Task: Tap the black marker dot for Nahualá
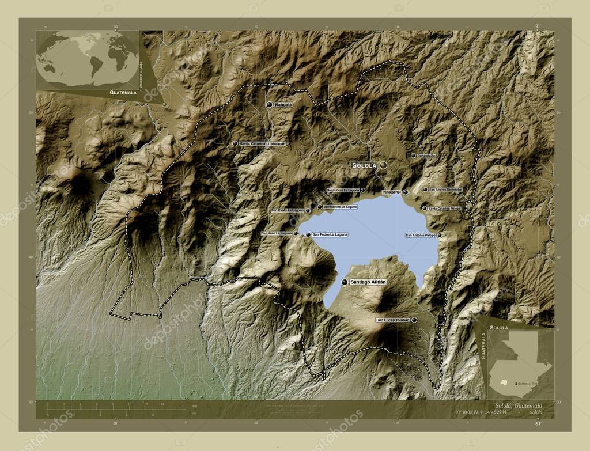pyautogui.click(x=269, y=104)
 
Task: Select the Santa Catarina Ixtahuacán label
pyautogui.click(x=263, y=143)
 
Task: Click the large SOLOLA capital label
pyautogui.click(x=364, y=165)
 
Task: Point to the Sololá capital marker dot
pyautogui.click(x=383, y=165)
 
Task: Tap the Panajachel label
pyautogui.click(x=392, y=192)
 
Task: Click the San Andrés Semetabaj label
pyautogui.click(x=445, y=189)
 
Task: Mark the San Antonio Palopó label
pyautogui.click(x=421, y=235)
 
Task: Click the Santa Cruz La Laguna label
pyautogui.click(x=343, y=190)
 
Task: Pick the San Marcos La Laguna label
pyautogui.click(x=340, y=206)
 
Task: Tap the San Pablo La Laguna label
pyautogui.click(x=287, y=210)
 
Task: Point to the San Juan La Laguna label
pyautogui.click(x=277, y=233)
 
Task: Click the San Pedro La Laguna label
pyautogui.click(x=330, y=234)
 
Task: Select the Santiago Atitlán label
pyautogui.click(x=368, y=282)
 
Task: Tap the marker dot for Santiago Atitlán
pyautogui.click(x=345, y=282)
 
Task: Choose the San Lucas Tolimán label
pyautogui.click(x=392, y=320)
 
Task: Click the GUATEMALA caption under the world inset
pyautogui.click(x=124, y=92)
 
